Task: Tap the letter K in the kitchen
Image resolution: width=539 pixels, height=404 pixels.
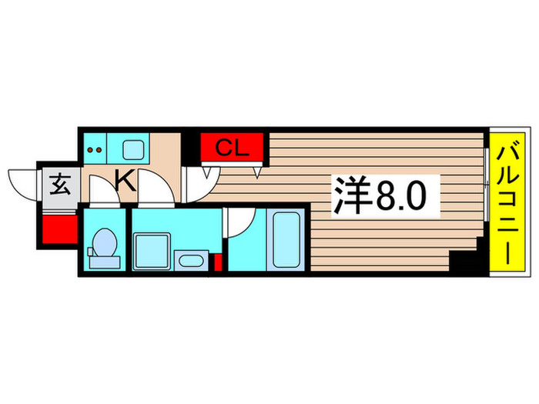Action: pos(125,182)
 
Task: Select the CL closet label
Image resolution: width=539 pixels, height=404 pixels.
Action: pos(232,148)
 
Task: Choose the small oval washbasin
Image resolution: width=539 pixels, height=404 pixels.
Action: pos(189,261)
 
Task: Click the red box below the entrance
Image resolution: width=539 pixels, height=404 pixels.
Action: pos(57,229)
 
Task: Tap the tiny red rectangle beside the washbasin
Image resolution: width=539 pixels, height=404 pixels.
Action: pos(218,262)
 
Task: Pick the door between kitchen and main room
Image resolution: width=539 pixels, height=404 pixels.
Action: pos(198,181)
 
